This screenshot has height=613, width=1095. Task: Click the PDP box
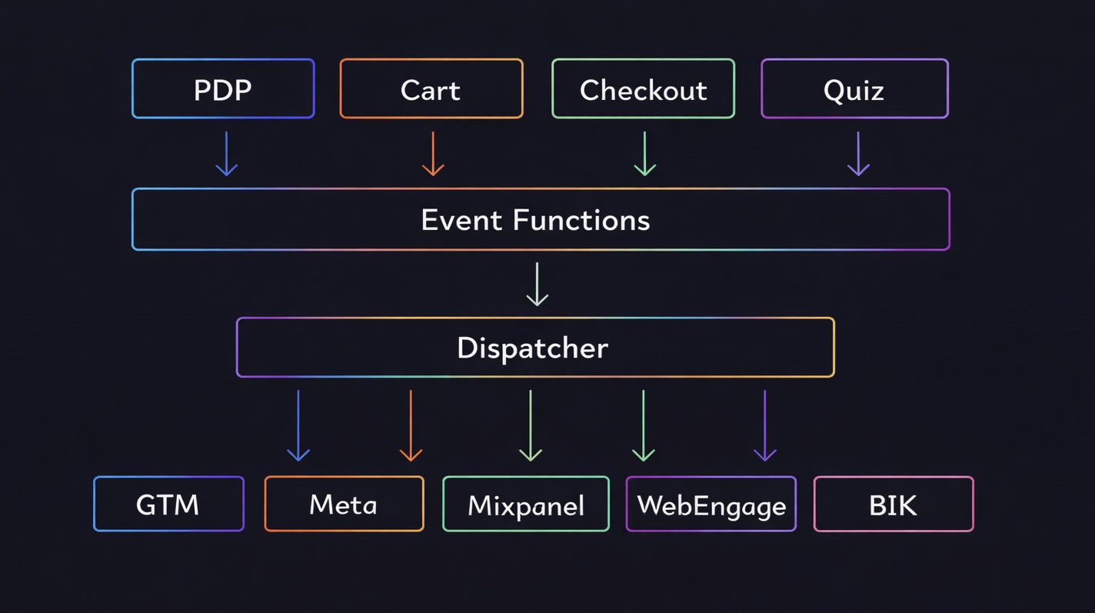click(223, 89)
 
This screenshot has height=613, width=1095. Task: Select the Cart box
click(431, 89)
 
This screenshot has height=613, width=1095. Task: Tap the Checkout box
click(643, 89)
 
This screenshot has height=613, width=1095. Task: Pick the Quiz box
click(854, 89)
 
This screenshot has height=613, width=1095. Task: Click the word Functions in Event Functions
click(581, 220)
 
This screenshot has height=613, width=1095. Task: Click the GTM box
click(168, 505)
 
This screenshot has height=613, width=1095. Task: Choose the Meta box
click(344, 505)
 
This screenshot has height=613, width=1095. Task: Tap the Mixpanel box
click(526, 505)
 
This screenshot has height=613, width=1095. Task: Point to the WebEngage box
click(711, 505)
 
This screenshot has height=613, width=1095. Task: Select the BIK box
click(894, 505)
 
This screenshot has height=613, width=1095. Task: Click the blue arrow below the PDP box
click(226, 154)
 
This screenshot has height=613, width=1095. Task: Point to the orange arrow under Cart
click(433, 154)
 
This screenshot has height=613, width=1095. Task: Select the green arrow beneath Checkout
click(644, 154)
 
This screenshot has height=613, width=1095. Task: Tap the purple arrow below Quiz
click(858, 154)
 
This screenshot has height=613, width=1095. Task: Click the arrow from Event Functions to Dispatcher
click(537, 284)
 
